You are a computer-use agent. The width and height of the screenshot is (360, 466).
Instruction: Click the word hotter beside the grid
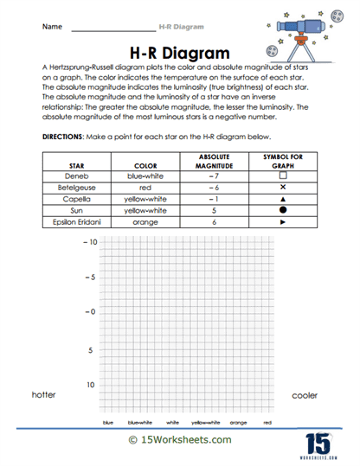[x=43, y=395]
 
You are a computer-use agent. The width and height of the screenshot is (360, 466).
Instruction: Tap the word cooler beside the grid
[x=305, y=395]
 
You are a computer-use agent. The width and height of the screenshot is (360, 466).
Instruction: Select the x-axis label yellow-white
[x=206, y=424]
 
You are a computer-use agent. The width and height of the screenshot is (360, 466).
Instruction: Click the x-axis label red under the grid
[x=267, y=424]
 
